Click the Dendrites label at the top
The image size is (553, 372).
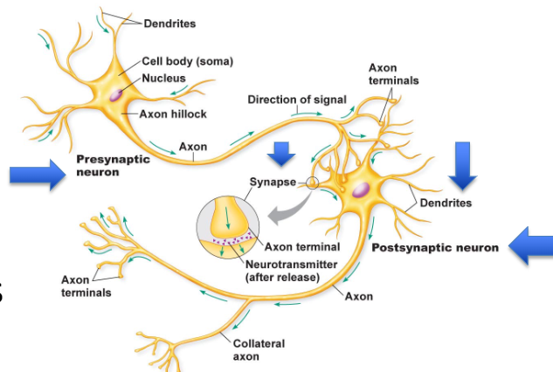(169, 24)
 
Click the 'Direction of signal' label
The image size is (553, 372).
(297, 99)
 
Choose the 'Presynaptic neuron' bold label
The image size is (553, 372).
(113, 166)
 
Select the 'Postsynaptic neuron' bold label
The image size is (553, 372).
(435, 248)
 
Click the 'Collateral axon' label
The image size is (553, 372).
(259, 349)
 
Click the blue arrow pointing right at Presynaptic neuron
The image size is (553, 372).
(38, 175)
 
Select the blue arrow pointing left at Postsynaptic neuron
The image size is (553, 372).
(529, 245)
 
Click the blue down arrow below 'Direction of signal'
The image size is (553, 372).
(280, 154)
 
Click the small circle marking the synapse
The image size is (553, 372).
(313, 183)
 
